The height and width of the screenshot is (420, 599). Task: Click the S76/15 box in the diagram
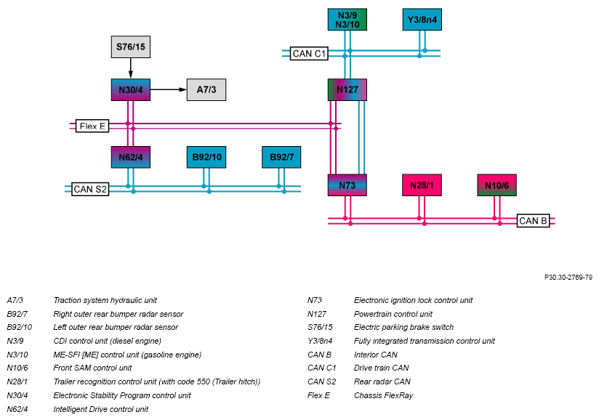pos(131,47)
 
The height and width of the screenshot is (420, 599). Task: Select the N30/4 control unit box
pos(131,89)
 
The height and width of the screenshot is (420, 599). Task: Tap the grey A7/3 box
pos(206,89)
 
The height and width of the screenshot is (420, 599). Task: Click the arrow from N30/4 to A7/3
pos(169,89)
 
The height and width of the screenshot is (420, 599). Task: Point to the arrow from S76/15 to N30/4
pos(131,68)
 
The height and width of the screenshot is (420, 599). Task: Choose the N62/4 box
pos(131,157)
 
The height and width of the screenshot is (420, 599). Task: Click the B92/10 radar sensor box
pos(206,157)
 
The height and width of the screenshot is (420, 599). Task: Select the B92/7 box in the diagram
pos(281,157)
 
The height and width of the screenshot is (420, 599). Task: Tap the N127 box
pos(347,89)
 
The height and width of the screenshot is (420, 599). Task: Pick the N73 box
pos(347,185)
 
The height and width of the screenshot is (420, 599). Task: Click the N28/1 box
pos(422,185)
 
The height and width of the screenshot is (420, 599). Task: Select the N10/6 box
pos(497,185)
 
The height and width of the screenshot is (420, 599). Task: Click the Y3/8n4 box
pos(422,20)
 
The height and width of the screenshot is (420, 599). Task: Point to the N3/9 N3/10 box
pos(347,20)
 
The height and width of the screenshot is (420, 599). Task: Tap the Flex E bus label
pos(92,126)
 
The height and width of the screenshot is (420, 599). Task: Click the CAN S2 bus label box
pos(90,189)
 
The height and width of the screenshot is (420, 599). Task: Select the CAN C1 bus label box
pos(309,54)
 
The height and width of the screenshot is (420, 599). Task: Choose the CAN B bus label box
pos(534,221)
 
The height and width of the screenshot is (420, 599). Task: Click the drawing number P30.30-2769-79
pos(568,277)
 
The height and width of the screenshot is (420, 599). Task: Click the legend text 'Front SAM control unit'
pos(92,368)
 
